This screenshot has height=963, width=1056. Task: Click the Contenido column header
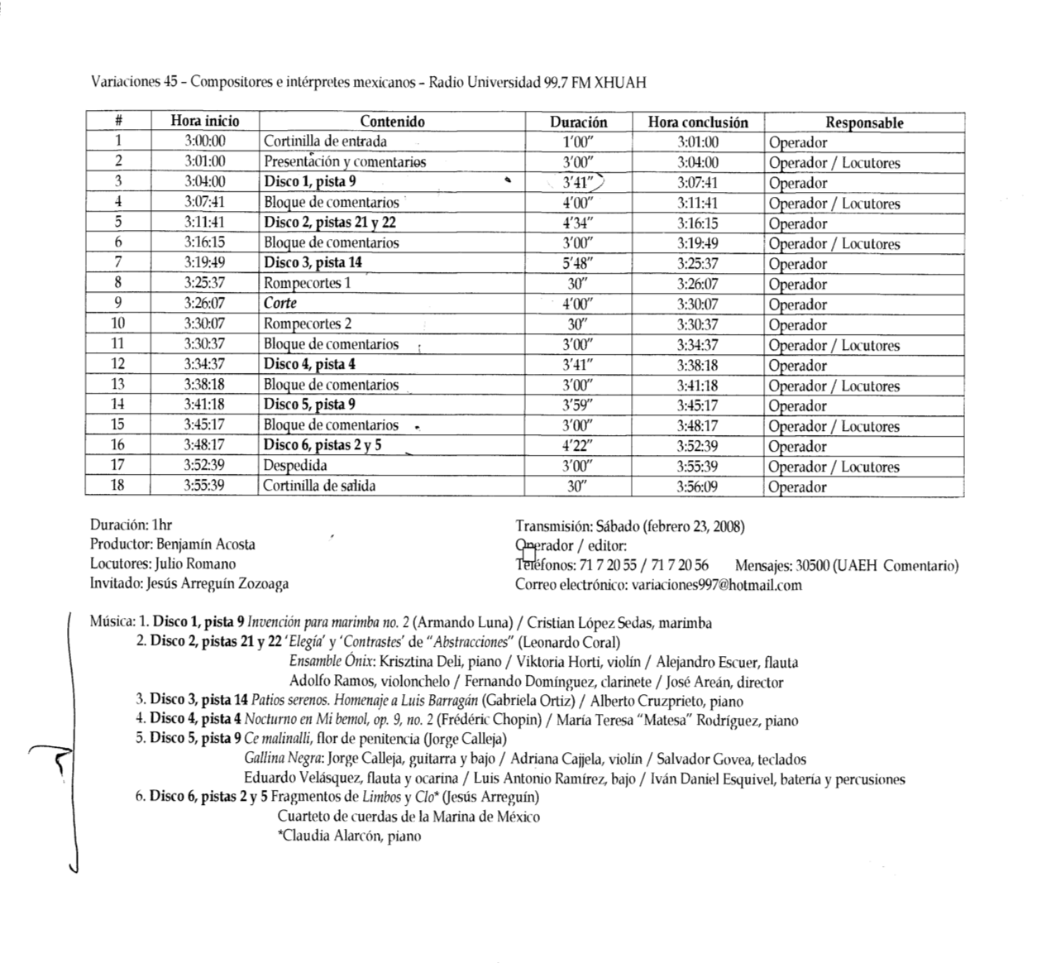click(x=392, y=122)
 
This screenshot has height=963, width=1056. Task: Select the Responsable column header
click(x=864, y=122)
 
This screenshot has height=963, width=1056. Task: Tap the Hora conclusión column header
click(x=698, y=122)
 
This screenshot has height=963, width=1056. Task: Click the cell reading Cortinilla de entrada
click(x=325, y=141)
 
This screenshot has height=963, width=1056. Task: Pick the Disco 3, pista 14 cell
click(x=313, y=262)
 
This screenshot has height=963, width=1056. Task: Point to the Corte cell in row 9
click(x=280, y=303)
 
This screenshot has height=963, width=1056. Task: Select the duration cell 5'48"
click(x=577, y=263)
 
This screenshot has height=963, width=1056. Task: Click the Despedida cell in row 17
click(x=295, y=466)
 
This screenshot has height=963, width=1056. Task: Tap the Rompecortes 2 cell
click(x=308, y=323)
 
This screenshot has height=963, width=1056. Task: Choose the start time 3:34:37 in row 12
click(x=204, y=364)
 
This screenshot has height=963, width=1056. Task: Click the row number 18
click(x=117, y=486)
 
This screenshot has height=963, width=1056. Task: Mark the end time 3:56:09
click(x=698, y=486)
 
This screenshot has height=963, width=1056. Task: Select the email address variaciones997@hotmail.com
click(x=716, y=585)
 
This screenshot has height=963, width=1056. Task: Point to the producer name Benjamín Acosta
click(x=206, y=544)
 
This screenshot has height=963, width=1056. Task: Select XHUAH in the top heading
click(x=620, y=82)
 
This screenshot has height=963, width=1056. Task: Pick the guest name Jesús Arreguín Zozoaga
click(x=217, y=583)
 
